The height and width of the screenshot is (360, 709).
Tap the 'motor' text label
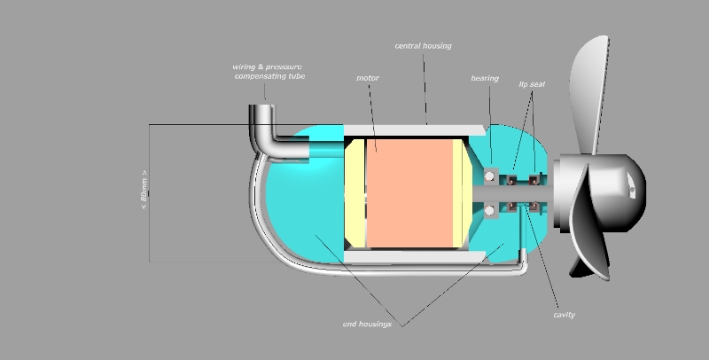(368, 78)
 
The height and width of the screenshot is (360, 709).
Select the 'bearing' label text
(485, 78)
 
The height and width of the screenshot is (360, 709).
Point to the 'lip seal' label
(532, 83)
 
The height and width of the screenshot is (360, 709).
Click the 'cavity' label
(564, 315)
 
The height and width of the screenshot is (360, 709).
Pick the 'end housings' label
(367, 324)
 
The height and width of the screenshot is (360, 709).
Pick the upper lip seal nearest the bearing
(512, 181)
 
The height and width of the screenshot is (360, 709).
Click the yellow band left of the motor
(355, 193)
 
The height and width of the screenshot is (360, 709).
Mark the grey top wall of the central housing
(417, 130)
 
